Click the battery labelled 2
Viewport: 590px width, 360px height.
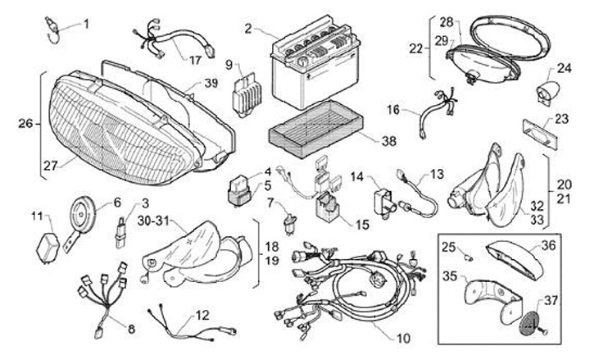[x=316, y=62]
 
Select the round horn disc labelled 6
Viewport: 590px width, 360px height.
[x=82, y=216]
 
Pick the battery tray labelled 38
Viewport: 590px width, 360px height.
[x=316, y=129]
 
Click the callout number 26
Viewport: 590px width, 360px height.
[x=25, y=123]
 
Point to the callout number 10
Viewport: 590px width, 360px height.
[x=403, y=338]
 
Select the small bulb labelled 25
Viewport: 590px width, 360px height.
[x=469, y=258]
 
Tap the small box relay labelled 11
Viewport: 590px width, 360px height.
[x=48, y=247]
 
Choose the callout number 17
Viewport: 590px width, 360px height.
[x=195, y=60]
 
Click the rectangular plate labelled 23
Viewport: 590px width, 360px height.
[x=539, y=134]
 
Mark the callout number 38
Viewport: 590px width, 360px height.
[x=388, y=141]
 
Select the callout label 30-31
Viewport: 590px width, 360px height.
[x=154, y=221]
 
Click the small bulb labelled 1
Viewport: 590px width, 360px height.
[x=52, y=29]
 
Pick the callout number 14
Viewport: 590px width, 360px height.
[x=357, y=176]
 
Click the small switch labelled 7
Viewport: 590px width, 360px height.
[x=290, y=224]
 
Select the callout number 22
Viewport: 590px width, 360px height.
[x=416, y=48]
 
